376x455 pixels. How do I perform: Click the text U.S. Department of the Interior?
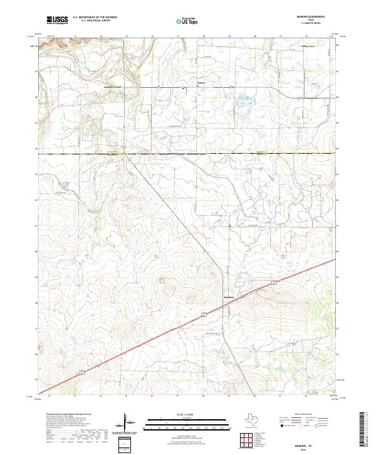click(95, 17)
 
